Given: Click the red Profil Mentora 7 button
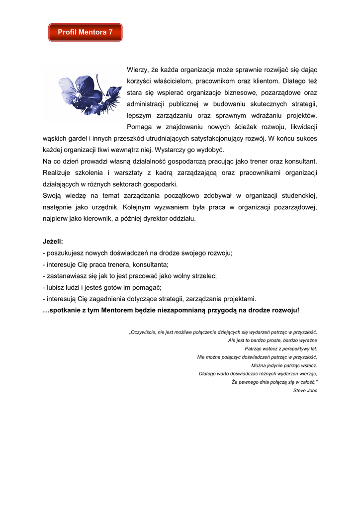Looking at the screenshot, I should [x=85, y=32].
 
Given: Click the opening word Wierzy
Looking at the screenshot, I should [x=138, y=70].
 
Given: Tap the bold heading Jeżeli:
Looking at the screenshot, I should [x=53, y=242].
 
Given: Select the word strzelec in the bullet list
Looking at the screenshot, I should [x=204, y=276].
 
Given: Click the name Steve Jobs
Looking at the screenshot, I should [x=305, y=391].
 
